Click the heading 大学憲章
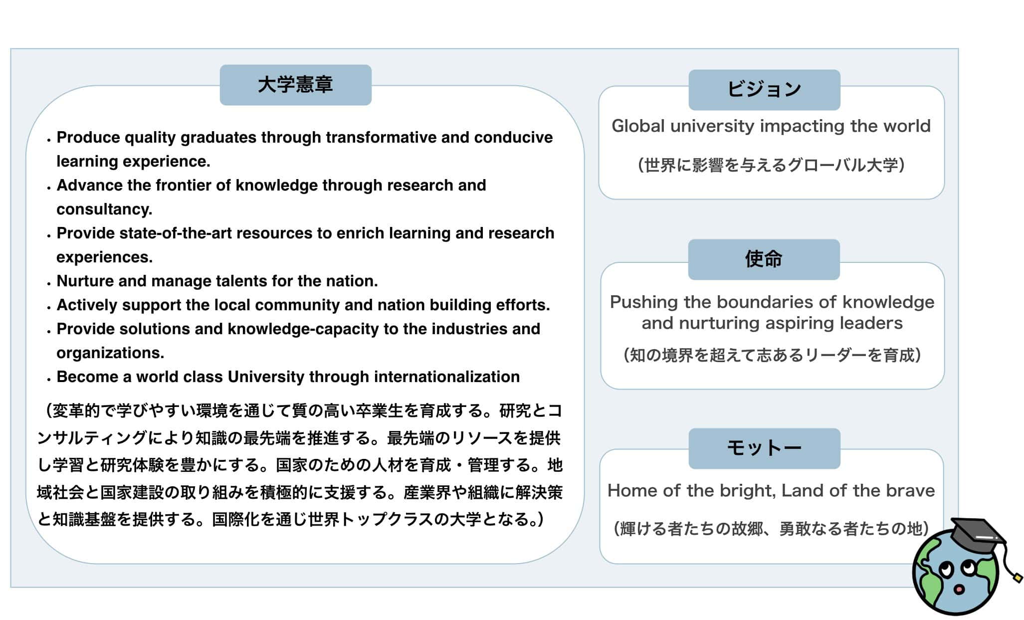tap(295, 85)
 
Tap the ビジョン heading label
tap(764, 90)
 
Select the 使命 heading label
tap(764, 259)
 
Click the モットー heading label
tap(764, 448)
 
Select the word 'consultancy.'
tap(104, 209)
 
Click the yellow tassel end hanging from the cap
tap(1018, 578)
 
